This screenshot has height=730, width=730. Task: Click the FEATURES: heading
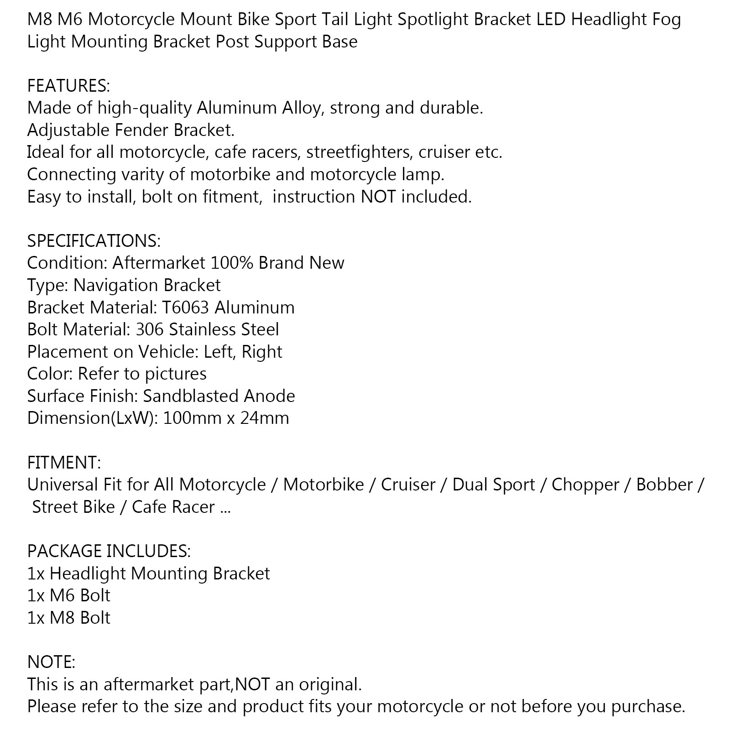click(x=68, y=86)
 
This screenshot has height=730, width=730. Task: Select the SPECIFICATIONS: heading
click(x=94, y=241)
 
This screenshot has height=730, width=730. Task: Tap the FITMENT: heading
click(x=64, y=463)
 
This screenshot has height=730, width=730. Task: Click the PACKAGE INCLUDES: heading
click(x=109, y=551)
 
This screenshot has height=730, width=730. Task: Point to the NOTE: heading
click(x=51, y=662)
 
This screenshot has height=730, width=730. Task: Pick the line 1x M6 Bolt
click(x=68, y=595)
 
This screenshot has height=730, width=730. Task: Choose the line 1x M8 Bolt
click(x=68, y=618)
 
